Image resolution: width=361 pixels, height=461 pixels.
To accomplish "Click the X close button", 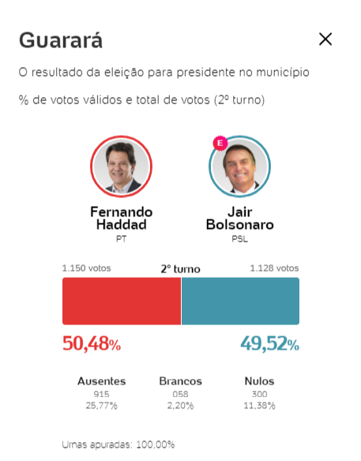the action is (325, 39).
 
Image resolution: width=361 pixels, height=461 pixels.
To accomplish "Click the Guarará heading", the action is (61, 40).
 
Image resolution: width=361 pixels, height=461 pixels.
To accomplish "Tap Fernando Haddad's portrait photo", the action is (121, 167).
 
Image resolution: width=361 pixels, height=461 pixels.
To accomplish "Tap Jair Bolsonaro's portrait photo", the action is (240, 167).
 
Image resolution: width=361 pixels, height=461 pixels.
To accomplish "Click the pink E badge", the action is (220, 143).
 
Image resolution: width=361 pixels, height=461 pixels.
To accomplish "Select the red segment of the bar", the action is (122, 301).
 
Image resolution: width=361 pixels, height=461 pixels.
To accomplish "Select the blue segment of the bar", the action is (240, 301).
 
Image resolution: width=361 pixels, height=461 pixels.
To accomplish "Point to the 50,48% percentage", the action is (92, 343).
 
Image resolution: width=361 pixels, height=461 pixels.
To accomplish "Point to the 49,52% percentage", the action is (270, 343).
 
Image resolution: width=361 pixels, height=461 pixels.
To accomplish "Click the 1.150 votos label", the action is (87, 268).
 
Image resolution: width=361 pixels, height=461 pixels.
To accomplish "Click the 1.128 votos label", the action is (274, 268).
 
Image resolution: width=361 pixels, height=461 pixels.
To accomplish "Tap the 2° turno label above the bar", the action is (180, 269).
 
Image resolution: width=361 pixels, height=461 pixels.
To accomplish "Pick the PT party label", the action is (121, 239).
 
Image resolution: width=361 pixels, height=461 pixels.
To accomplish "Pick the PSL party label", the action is (240, 239).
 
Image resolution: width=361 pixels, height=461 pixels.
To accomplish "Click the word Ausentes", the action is (101, 381).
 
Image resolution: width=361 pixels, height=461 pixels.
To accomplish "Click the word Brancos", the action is (180, 381).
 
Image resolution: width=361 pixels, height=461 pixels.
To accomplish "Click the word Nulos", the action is (259, 381).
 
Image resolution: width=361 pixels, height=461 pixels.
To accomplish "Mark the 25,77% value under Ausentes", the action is (101, 406).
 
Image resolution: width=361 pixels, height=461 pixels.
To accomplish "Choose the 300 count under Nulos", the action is (259, 394).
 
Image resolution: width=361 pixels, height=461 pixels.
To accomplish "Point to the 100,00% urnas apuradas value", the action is (156, 444).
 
